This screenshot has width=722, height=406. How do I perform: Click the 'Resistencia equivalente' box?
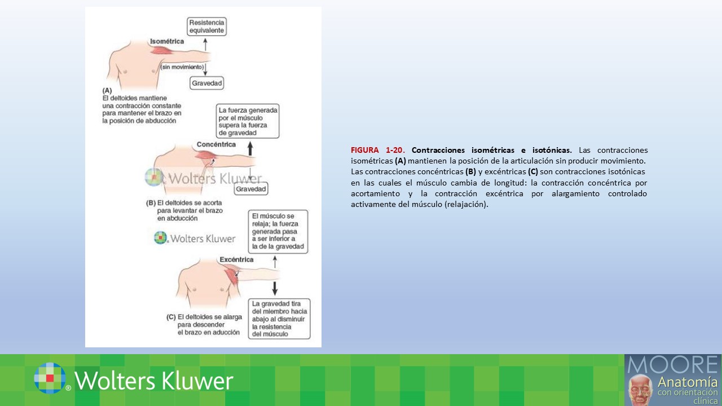tap(206, 27)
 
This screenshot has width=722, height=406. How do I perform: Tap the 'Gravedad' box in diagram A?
tap(206, 83)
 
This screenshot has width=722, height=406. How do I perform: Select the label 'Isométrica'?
tap(167, 41)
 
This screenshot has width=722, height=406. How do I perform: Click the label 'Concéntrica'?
tap(216, 144)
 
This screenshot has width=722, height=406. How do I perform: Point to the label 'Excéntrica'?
tap(236, 259)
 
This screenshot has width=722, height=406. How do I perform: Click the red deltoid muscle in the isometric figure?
tap(161, 51)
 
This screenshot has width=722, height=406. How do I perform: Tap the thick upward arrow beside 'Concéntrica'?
tap(250, 149)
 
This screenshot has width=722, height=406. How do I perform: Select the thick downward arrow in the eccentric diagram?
tap(275, 288)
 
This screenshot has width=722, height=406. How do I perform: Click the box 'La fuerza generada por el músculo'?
tap(248, 121)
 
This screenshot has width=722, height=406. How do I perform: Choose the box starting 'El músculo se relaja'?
tap(278, 231)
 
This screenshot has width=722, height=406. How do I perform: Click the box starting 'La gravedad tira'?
tap(279, 319)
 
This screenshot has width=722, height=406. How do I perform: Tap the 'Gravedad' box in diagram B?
tap(251, 189)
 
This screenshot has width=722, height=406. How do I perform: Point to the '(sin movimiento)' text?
tap(182, 67)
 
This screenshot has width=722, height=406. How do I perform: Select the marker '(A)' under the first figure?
tap(107, 91)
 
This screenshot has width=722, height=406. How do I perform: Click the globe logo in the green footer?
tap(50, 378)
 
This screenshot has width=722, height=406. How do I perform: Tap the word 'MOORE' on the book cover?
tap(672, 364)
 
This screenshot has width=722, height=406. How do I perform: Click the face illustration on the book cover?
tap(641, 390)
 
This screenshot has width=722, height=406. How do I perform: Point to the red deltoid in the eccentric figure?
tap(232, 275)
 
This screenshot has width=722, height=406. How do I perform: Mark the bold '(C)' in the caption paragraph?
tap(533, 171)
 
